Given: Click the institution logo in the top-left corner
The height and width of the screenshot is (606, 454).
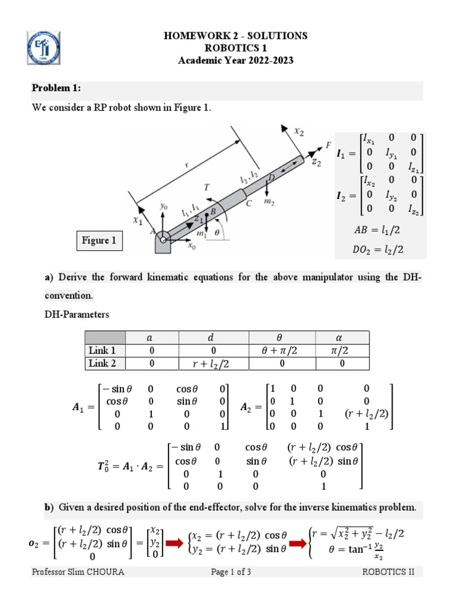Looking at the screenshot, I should pyautogui.click(x=44, y=48).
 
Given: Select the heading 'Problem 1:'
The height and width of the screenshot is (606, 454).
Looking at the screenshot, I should pyautogui.click(x=56, y=88).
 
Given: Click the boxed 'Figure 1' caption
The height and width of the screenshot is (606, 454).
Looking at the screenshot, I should pyautogui.click(x=99, y=240).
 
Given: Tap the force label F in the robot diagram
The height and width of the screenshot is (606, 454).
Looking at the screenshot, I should pyautogui.click(x=328, y=144).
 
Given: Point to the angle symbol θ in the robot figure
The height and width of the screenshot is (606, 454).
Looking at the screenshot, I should pyautogui.click(x=216, y=233).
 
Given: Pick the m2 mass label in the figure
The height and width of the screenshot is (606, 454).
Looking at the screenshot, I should pyautogui.click(x=269, y=202).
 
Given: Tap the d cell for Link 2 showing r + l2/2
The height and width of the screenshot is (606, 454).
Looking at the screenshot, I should pyautogui.click(x=211, y=363).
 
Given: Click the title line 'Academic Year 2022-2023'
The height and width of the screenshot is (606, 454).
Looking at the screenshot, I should pyautogui.click(x=235, y=60).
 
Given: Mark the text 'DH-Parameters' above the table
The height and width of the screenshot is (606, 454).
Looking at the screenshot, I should pyautogui.click(x=77, y=315).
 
